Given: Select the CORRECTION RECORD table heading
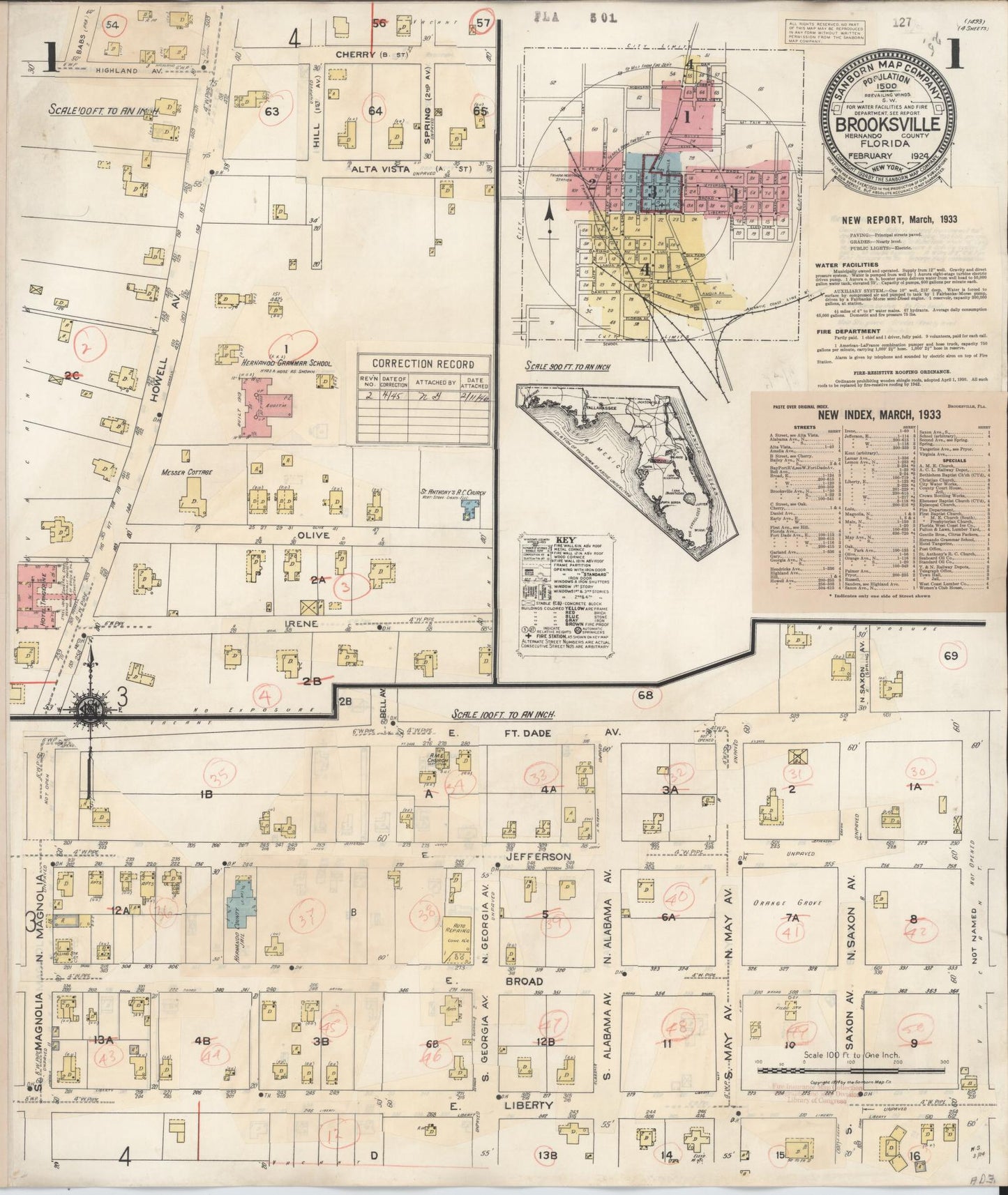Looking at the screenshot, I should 423,364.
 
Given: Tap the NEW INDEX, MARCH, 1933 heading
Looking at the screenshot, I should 878,414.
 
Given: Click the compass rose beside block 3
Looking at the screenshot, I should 91,709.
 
